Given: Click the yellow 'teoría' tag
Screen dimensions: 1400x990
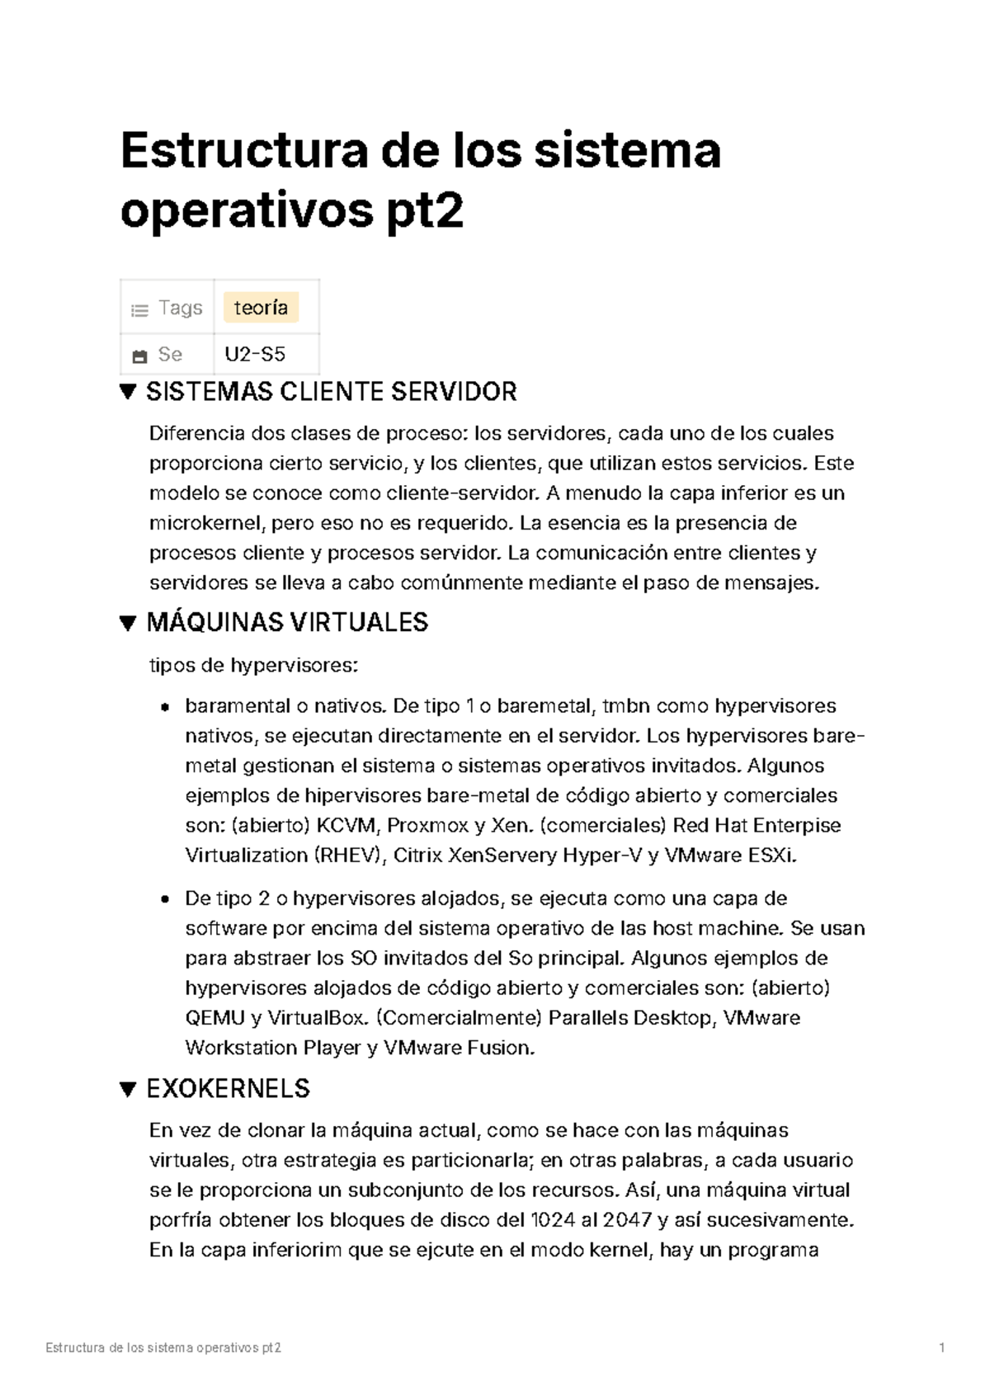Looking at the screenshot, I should [261, 308].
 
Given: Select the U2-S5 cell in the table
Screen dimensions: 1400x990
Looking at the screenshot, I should [255, 355].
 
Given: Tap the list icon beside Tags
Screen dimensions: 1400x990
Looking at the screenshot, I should [139, 310].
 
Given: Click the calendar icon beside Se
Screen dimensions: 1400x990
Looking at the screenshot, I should [139, 356].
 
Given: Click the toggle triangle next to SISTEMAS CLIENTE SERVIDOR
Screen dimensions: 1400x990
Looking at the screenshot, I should [128, 391].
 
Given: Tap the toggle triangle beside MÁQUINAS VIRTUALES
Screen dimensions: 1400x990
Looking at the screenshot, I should [128, 623].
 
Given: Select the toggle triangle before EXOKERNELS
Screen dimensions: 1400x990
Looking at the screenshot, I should [128, 1089].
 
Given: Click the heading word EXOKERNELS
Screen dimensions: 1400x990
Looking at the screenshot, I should [228, 1089].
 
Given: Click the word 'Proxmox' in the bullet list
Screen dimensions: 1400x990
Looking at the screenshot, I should [417, 826].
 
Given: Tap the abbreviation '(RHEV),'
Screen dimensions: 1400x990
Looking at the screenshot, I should [351, 856].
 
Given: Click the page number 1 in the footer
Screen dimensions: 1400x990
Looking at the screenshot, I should [941, 1348].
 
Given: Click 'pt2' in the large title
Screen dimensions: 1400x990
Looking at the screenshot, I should [424, 211].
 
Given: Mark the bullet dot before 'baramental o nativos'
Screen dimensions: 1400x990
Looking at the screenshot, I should [165, 707].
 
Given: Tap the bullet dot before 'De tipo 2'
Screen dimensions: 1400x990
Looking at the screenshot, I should [165, 899].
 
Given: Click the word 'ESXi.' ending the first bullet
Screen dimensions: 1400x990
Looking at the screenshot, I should [772, 856].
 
